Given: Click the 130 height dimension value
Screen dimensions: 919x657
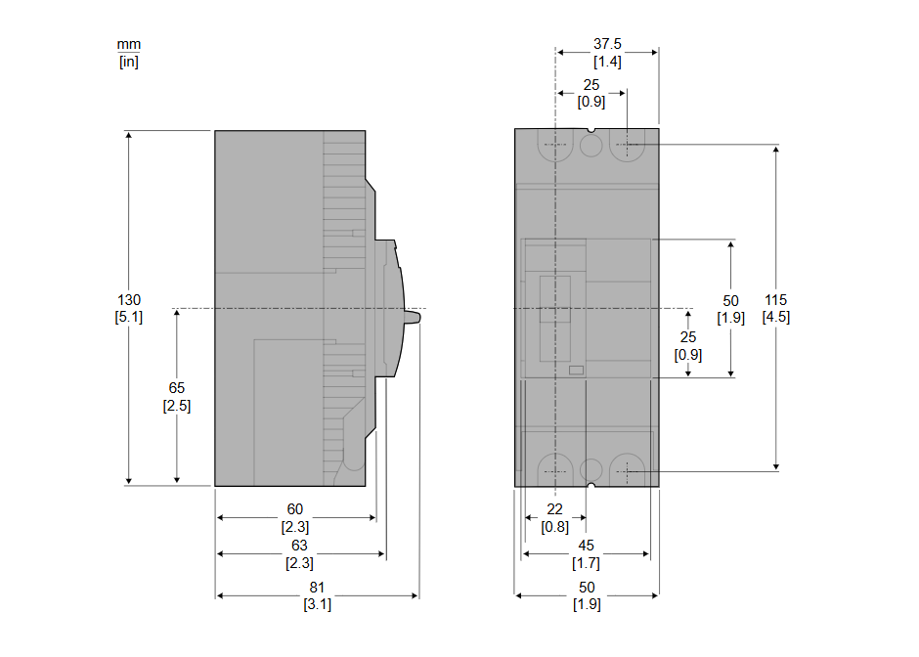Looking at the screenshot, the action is [x=129, y=299].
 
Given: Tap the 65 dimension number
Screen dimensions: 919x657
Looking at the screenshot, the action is [x=176, y=387].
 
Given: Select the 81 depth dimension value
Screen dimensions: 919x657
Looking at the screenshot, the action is [x=317, y=587].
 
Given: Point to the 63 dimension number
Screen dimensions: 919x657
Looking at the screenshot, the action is [x=299, y=546].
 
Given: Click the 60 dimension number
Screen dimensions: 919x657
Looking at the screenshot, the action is [x=295, y=508].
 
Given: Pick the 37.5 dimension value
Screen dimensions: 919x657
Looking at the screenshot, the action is [x=607, y=44].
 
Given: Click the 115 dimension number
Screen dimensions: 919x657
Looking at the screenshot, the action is [x=775, y=299].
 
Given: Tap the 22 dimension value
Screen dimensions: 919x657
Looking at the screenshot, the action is [x=554, y=508].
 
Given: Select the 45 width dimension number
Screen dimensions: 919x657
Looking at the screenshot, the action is [x=586, y=546].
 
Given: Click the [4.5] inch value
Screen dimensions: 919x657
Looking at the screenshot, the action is [x=776, y=317].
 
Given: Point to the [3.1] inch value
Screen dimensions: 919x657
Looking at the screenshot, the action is [x=317, y=604].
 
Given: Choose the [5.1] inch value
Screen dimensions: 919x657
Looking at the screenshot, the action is [x=129, y=317].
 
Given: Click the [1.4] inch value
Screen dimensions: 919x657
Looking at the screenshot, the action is [x=607, y=62].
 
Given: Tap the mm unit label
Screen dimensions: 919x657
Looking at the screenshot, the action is [x=129, y=45].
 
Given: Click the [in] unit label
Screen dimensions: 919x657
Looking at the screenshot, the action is [x=129, y=61].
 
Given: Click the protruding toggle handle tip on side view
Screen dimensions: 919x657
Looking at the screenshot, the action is [x=418, y=317].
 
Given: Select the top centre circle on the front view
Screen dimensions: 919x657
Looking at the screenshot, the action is [x=591, y=145].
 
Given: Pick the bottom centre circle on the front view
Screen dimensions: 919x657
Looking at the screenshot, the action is [x=591, y=470].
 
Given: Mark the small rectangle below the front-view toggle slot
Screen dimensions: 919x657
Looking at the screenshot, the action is [x=576, y=370].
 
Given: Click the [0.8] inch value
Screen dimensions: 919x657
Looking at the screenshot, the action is [x=554, y=527].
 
